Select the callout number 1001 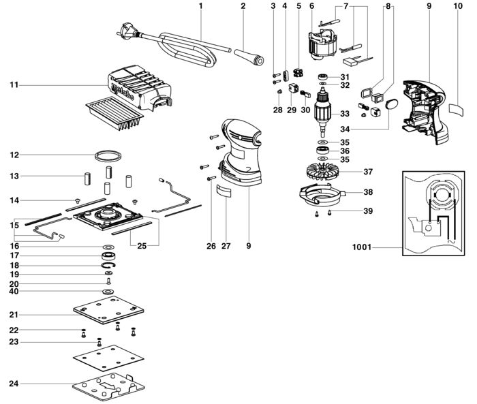pyautogui.click(x=362, y=247)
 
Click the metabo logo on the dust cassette pyautogui.click(x=123, y=91)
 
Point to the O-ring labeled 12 pyautogui.click(x=108, y=156)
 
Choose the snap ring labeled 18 pyautogui.click(x=108, y=265)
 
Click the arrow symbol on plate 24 pyautogui.click(x=108, y=386)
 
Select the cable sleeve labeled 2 pyautogui.click(x=249, y=57)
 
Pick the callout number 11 pyautogui.click(x=14, y=85)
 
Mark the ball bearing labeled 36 pyautogui.click(x=323, y=151)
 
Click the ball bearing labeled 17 pyautogui.click(x=108, y=256)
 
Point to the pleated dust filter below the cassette pyautogui.click(x=114, y=114)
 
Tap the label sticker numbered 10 pyautogui.click(x=457, y=110)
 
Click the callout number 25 pyautogui.click(x=142, y=246)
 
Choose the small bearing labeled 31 pyautogui.click(x=323, y=76)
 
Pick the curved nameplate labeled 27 pyautogui.click(x=224, y=191)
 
